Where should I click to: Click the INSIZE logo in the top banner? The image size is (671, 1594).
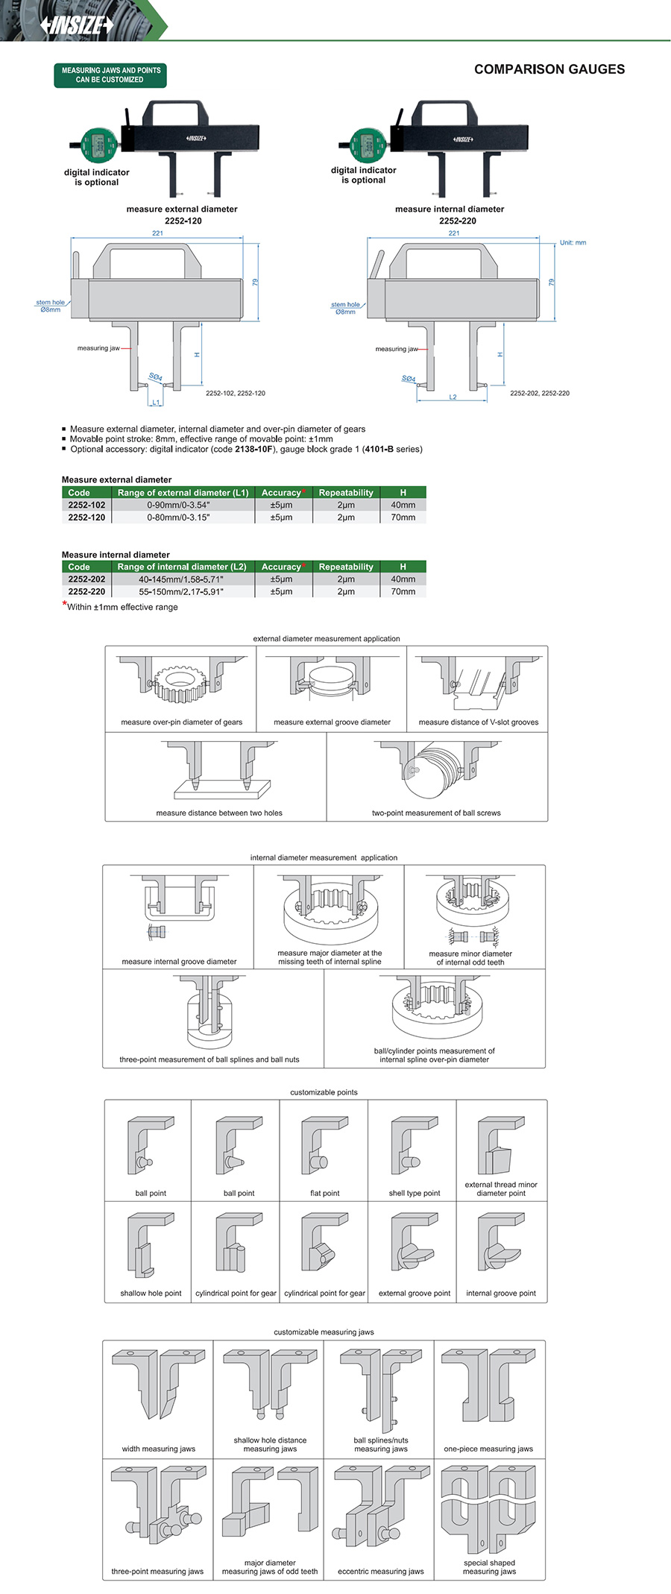point(78,25)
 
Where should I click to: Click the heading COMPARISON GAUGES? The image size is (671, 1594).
point(549,69)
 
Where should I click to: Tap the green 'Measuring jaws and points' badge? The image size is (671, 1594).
point(110,75)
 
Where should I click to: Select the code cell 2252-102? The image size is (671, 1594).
point(86,505)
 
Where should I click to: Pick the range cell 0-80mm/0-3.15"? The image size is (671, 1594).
point(179,517)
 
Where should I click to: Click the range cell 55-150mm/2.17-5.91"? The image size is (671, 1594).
point(180,592)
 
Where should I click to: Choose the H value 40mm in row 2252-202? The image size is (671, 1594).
point(403,579)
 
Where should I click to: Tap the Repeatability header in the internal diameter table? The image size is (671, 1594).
point(345,567)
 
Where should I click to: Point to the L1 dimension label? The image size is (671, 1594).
point(156,403)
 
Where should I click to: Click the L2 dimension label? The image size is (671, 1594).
point(453,397)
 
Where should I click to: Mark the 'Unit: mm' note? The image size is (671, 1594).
point(573,243)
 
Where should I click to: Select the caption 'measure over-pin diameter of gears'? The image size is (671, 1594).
point(181,722)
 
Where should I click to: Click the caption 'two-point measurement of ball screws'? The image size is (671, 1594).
point(436,813)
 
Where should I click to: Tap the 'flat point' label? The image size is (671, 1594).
point(324,1194)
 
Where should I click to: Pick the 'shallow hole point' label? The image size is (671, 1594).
point(151,1294)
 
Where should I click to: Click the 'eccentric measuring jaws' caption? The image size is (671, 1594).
point(380,1572)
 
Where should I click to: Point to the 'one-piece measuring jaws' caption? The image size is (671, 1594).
point(488,1449)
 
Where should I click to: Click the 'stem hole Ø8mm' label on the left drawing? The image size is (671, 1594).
point(50,306)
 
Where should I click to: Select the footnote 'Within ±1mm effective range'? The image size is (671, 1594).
point(122,607)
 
